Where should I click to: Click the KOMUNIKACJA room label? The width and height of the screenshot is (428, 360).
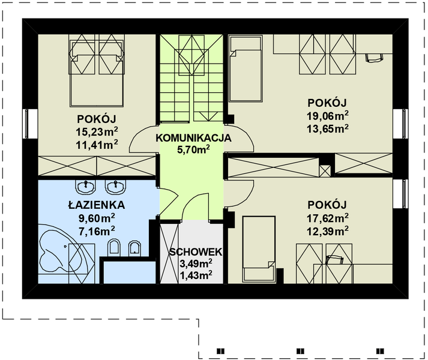point(193,138)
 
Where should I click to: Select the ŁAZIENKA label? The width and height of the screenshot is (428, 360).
point(97,205)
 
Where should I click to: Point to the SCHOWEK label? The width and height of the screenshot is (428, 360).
point(196,252)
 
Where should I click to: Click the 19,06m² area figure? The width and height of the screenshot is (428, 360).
point(327,116)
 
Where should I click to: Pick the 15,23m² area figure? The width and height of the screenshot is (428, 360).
point(97,132)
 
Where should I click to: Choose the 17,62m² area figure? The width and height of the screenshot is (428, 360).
point(327,218)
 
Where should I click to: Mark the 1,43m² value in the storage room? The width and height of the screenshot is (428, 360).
point(196,275)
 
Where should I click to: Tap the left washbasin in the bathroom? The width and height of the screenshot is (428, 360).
point(86,187)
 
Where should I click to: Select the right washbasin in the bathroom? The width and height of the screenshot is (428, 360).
point(116,187)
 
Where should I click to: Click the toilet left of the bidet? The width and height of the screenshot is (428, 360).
point(114,248)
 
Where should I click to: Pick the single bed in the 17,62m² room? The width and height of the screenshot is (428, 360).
point(259,249)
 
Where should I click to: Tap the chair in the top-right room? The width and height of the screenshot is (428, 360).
point(374,58)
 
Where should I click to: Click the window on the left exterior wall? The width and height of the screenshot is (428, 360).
point(26,124)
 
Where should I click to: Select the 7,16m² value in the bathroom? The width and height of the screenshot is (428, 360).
point(97,232)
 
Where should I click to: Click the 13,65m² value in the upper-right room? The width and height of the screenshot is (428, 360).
point(327,128)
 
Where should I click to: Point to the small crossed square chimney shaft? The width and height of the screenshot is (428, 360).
point(325,171)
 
